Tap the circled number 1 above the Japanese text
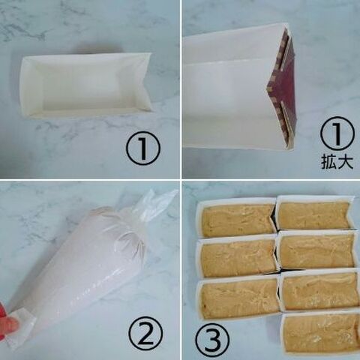point(337,133)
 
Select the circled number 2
point(145,333)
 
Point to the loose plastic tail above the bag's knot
point(159,204)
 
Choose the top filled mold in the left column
point(238,218)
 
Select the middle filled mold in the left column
point(238,256)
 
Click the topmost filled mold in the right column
point(316,213)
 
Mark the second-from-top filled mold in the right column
point(316,250)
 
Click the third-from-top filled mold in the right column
point(319,290)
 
